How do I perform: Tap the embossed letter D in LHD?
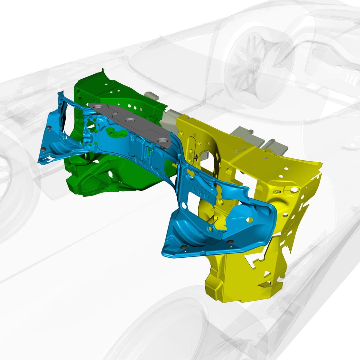(x=206, y=196)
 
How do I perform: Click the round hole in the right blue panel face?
(x=249, y=220)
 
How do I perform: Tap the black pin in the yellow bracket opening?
(x=196, y=158)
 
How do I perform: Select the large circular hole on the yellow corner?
(x=294, y=190)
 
